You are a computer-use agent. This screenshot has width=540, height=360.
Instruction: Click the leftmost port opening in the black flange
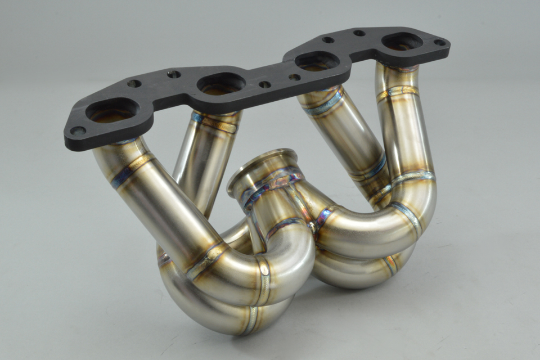pos(112,110)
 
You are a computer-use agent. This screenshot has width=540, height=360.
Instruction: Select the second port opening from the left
pos(221,83)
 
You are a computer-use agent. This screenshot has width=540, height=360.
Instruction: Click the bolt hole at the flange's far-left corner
pos(78,131)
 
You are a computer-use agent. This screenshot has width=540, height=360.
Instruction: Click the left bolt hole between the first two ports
pos(134,84)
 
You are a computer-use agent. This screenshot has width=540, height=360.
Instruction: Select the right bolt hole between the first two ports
pos(174,74)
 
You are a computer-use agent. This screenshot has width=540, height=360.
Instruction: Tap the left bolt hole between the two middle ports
pos(264,84)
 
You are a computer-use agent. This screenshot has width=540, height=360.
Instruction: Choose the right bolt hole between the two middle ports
pos(294,77)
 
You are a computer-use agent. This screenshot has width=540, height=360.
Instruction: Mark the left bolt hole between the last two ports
pos(328,40)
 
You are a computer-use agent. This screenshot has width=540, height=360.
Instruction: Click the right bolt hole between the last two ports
pos(359,33)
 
